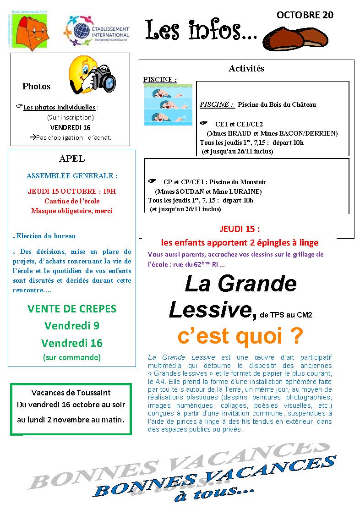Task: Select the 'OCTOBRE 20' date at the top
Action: click(x=305, y=15)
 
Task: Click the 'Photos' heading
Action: click(x=36, y=86)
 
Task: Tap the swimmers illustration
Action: click(x=162, y=105)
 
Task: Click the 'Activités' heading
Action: click(x=246, y=68)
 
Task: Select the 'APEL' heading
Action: click(x=72, y=159)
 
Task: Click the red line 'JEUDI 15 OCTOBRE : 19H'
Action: click(x=72, y=191)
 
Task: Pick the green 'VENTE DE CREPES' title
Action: click(x=72, y=308)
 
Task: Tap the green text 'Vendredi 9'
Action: click(x=72, y=326)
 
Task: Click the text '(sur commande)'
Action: click(x=72, y=357)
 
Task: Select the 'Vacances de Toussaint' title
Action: click(x=71, y=393)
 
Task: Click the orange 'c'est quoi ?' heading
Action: click(x=240, y=336)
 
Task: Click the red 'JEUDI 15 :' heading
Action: click(x=240, y=229)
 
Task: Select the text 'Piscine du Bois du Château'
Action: click(x=277, y=104)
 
